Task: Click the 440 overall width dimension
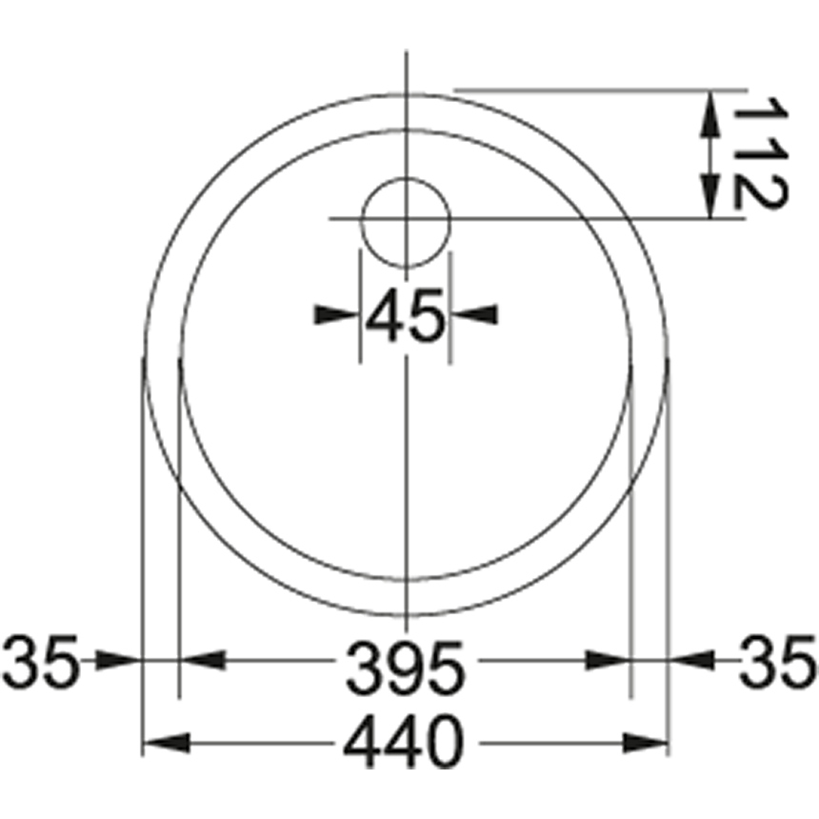point(404,741)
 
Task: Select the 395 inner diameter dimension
point(406,668)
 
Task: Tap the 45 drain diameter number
point(406,315)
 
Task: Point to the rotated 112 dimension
point(760,153)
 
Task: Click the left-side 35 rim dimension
point(41,662)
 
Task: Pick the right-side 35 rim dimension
point(778,662)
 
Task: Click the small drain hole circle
point(406,222)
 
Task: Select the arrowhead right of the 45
point(475,314)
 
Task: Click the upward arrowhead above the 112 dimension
point(709,114)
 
